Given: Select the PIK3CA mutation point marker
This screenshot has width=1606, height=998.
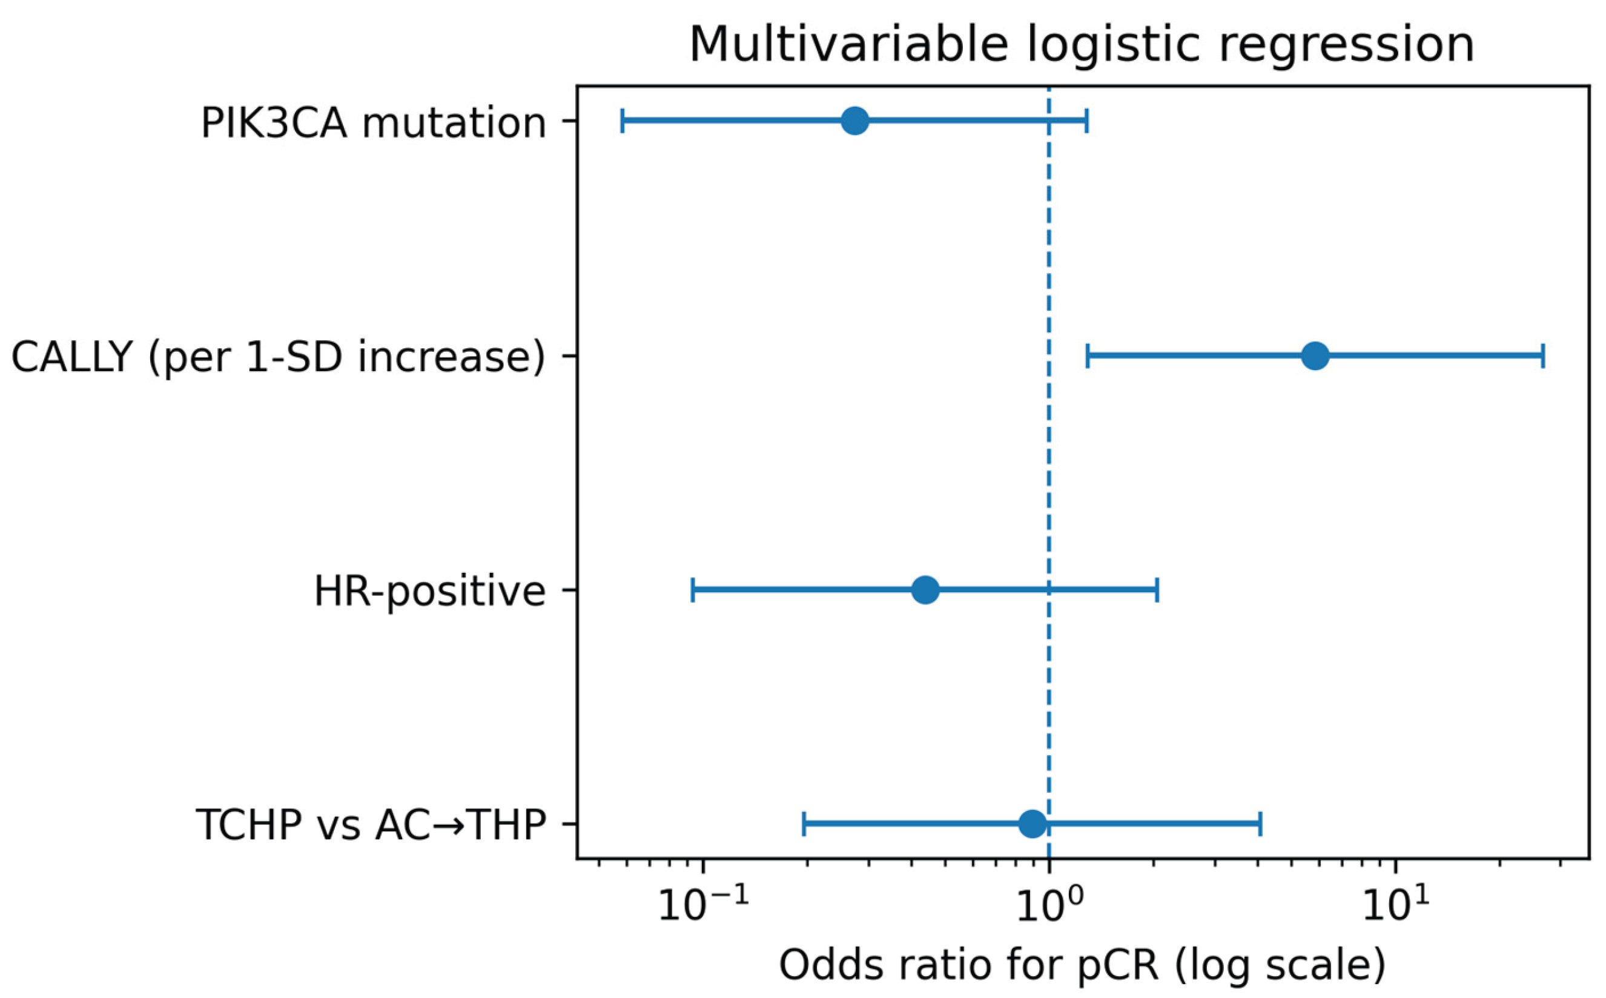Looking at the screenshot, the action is click(855, 121).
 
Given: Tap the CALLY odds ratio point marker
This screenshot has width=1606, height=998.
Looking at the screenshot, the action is click(1315, 355).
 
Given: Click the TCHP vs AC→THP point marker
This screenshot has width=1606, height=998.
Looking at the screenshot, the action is click(1033, 824).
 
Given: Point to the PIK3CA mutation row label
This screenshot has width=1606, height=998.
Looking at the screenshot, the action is click(374, 124).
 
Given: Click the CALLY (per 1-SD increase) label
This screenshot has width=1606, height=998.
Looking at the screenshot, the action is click(279, 358).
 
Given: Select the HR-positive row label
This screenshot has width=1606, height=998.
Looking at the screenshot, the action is click(430, 592).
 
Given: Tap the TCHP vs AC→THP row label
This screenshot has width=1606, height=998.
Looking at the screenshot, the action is click(371, 825).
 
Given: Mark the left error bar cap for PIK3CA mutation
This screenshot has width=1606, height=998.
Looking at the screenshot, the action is click(623, 121).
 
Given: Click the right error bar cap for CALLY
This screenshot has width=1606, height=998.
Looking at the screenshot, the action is click(1542, 355).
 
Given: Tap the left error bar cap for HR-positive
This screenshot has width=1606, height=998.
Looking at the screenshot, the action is click(692, 589).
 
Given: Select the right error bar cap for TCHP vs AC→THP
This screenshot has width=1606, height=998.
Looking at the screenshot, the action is click(1261, 824).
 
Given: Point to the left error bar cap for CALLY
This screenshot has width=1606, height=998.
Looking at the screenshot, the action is click(1087, 355).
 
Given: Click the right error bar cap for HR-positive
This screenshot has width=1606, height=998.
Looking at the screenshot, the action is click(1157, 589).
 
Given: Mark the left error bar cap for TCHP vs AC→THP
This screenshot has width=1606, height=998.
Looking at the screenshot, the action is click(804, 824).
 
